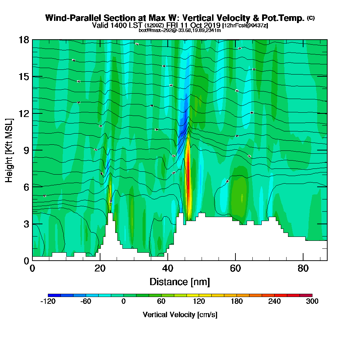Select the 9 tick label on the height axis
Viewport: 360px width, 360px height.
[x=26, y=150]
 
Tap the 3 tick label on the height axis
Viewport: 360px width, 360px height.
[x=26, y=224]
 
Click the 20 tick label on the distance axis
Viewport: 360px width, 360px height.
[x=100, y=268]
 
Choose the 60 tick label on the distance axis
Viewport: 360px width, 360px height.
[x=235, y=268]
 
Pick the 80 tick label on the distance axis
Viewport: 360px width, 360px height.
[x=303, y=268]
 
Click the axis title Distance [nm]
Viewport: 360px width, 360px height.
[x=180, y=281]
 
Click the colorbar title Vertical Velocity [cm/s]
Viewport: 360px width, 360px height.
[x=180, y=315]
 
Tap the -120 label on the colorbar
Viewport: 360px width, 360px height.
[x=48, y=302]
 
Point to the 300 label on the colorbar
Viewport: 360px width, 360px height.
[x=312, y=302]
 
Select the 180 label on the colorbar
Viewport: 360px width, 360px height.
[x=237, y=302]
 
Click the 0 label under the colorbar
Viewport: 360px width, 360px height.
[x=123, y=302]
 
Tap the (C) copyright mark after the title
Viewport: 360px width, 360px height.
[x=311, y=18]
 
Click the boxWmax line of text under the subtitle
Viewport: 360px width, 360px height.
[x=180, y=30]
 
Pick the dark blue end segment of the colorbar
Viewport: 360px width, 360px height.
[x=54, y=295]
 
